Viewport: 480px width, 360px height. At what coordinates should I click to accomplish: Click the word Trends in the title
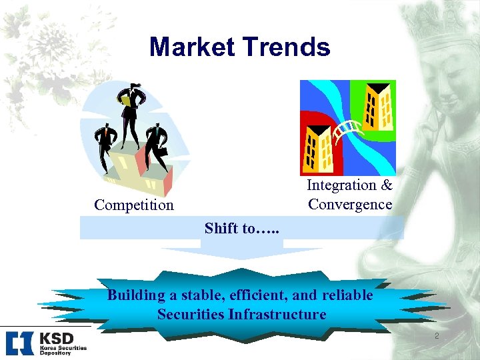click(288, 47)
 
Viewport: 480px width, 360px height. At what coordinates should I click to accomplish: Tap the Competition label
click(133, 205)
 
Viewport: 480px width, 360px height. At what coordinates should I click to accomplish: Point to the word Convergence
click(350, 204)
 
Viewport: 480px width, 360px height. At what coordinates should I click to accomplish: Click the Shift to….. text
click(241, 228)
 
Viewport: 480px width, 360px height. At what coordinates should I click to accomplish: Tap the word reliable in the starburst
click(346, 295)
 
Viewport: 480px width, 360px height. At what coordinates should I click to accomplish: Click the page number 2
click(437, 336)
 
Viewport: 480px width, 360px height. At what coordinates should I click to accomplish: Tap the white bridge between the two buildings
click(350, 131)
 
